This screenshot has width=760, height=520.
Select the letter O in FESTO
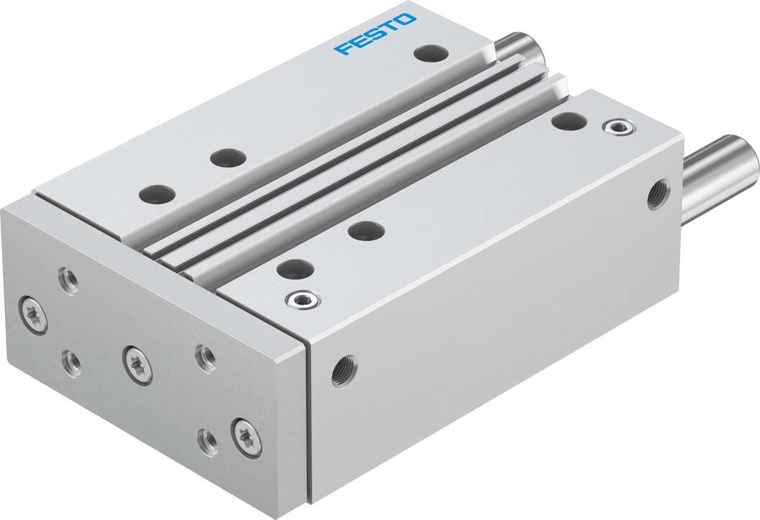tap(406, 19)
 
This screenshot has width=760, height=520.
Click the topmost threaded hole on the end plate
tap(70, 279)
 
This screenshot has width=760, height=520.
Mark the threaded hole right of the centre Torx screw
tap(206, 357)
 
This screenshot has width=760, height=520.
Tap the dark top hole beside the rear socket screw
tap(568, 121)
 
